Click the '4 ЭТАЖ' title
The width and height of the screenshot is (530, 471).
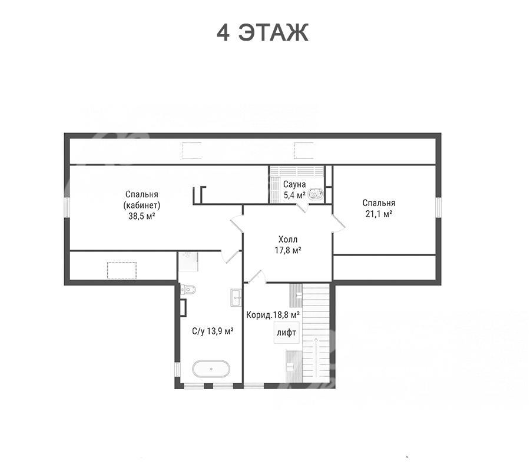pos(262,33)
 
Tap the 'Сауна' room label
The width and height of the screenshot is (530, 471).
pos(294,184)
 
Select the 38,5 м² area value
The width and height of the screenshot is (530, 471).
pos(141,216)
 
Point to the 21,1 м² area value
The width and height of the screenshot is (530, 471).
pos(379,214)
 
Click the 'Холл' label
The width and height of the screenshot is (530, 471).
pos(288,240)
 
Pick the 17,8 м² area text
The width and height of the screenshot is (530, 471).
pos(288,250)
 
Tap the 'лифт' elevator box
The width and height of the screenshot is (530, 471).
pos(286,333)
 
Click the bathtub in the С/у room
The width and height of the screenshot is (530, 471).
pos(211,369)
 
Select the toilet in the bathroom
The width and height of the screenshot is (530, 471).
pos(188,289)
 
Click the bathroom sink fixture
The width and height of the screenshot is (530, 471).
pos(236,298)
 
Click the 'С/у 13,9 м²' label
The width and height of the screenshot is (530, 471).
pos(213,331)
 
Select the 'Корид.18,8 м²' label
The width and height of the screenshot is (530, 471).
pos(273,315)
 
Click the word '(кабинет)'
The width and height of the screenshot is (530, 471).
pos(141,205)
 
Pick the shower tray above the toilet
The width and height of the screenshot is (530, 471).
pos(188,261)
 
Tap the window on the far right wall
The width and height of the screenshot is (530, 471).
pos(438,207)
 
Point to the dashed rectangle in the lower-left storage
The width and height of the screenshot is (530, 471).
pos(122,270)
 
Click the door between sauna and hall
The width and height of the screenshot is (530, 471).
pos(303,207)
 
